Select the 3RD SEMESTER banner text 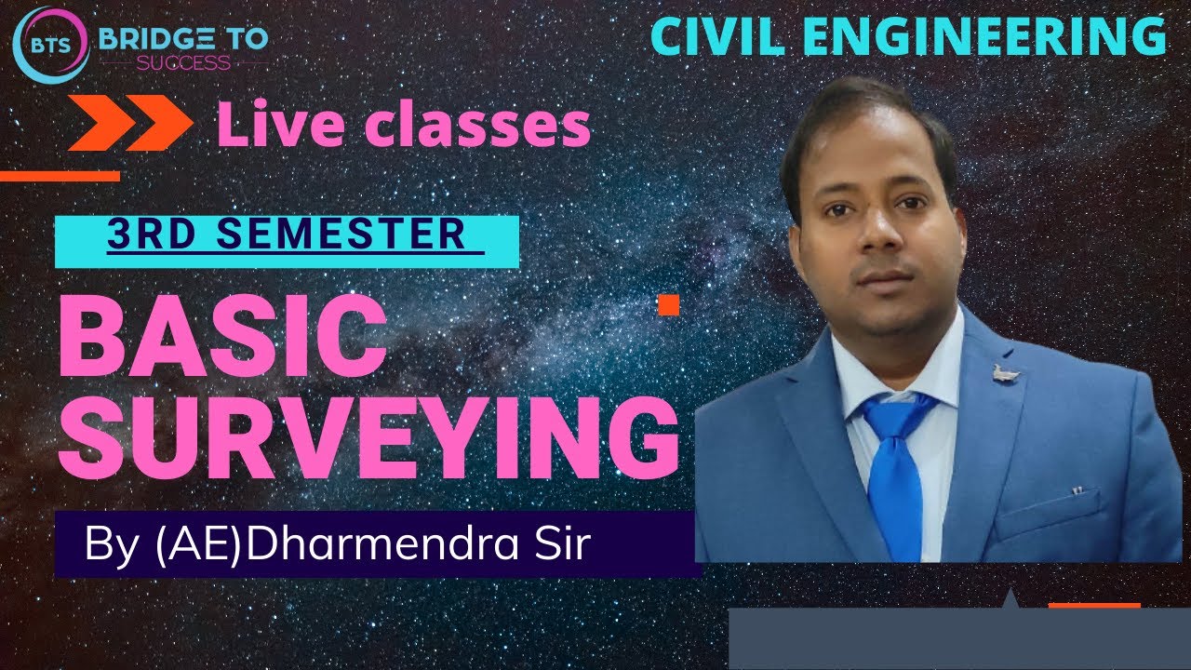tap(287, 234)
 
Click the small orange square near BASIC tap(667, 304)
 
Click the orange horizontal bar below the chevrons tap(60, 176)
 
